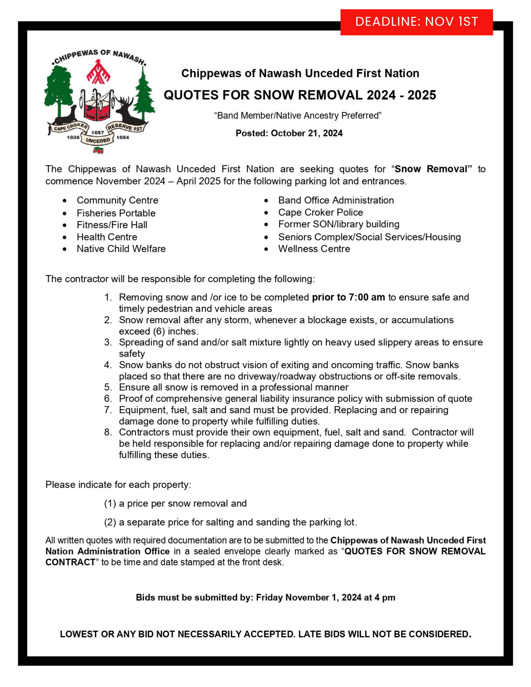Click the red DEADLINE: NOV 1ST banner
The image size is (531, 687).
coord(416,22)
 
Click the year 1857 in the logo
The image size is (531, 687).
coord(98,132)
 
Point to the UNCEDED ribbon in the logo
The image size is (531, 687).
coord(98,140)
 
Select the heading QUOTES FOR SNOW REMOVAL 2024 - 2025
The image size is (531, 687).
coord(300,95)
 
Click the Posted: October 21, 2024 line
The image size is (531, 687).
coord(289,133)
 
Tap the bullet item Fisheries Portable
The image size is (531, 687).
coord(116,213)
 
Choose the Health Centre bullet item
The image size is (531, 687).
coord(107,237)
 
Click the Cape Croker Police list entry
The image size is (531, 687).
coord(320,212)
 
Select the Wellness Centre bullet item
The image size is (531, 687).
coord(314,249)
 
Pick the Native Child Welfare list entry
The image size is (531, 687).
coord(121,249)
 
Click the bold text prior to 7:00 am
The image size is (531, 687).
coord(348,297)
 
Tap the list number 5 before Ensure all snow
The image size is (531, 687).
coord(108,387)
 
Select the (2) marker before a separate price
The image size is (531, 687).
coord(110,522)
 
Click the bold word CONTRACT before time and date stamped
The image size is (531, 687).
coord(70,562)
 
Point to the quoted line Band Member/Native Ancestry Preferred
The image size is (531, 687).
coord(298,115)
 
